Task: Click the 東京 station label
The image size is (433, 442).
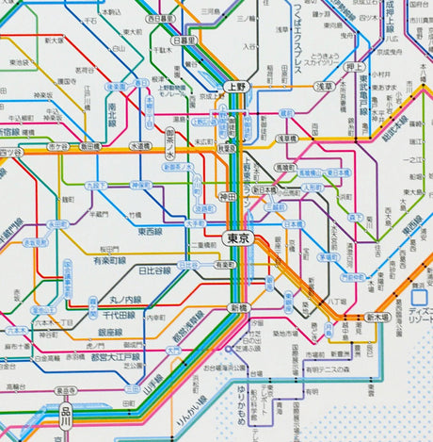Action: (239, 240)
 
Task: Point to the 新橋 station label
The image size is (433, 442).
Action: (234, 308)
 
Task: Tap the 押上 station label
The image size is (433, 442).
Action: (355, 67)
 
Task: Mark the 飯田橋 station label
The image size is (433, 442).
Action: (90, 146)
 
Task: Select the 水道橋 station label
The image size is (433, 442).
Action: (140, 146)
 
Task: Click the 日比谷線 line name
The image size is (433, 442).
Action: (155, 271)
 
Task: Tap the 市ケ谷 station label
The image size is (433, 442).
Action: (58, 147)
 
